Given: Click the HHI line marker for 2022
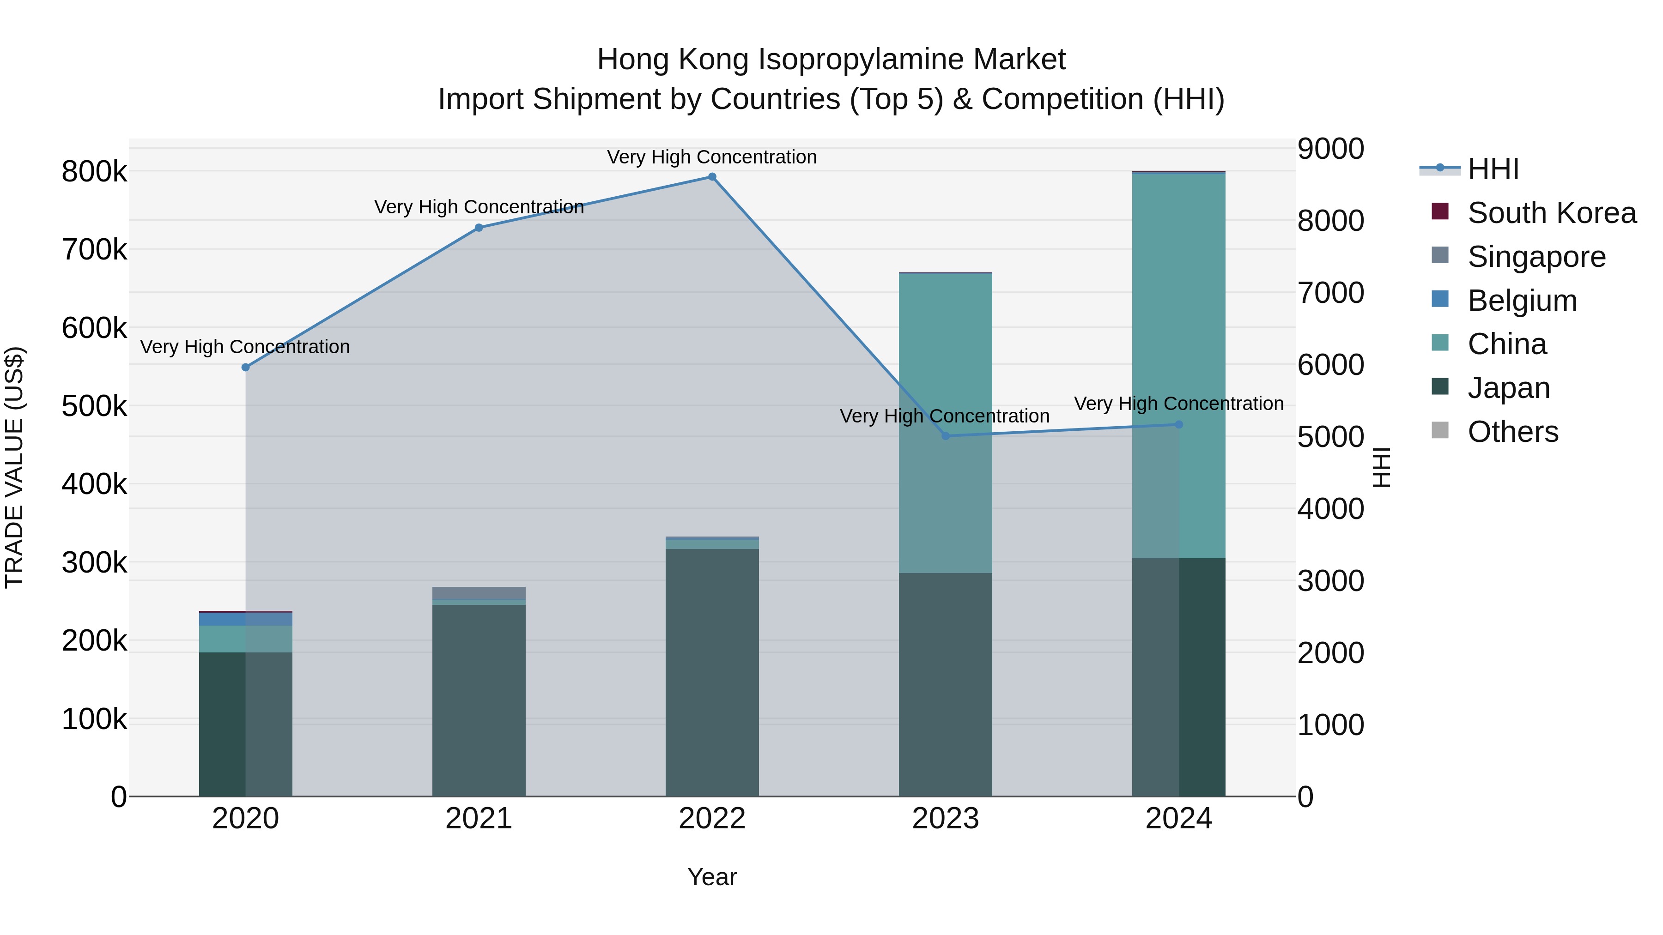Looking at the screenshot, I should click(x=712, y=177).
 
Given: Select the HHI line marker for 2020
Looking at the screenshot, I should click(x=245, y=367).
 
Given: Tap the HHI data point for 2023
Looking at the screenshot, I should click(x=946, y=436).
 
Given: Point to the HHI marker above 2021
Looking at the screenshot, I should click(x=479, y=228).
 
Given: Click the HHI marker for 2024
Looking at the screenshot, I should click(x=1179, y=425).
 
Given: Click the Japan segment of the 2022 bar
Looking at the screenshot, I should click(x=712, y=671).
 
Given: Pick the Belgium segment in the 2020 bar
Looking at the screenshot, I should click(x=245, y=619).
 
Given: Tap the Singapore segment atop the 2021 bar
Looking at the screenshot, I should click(x=479, y=593).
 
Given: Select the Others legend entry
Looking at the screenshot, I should click(x=1512, y=432).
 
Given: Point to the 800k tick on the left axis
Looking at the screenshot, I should click(x=94, y=172).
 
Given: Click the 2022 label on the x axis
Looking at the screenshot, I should click(x=712, y=819).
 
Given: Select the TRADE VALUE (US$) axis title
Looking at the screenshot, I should click(x=15, y=467).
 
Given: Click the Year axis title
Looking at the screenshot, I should click(x=712, y=877).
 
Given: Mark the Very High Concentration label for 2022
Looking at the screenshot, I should click(x=712, y=157).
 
